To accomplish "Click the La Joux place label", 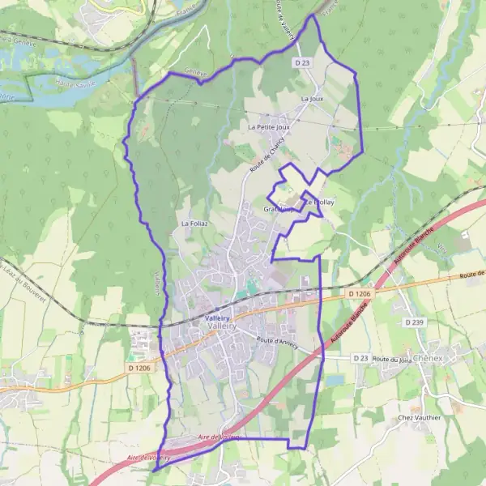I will [x=312, y=99].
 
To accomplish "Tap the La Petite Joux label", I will [x=269, y=127].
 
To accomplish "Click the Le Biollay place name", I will [x=319, y=201].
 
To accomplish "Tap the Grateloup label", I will [x=278, y=209].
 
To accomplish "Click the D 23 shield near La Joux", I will [x=303, y=62].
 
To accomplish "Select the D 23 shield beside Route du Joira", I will [x=360, y=358].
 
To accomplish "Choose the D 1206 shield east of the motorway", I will [x=360, y=293].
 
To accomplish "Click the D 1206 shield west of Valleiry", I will [x=139, y=368].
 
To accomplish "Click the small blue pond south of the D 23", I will [x=334, y=379].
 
